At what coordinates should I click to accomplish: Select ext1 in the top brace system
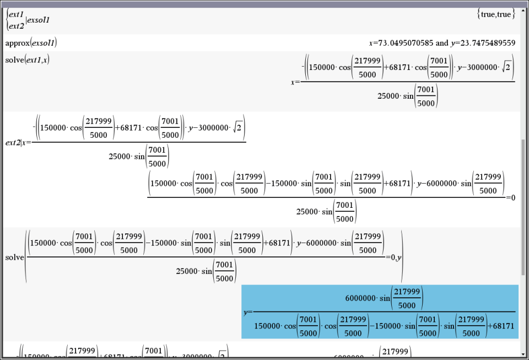(x=16, y=15)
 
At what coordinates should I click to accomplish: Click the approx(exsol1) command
(x=31, y=43)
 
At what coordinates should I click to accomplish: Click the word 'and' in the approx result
(x=442, y=43)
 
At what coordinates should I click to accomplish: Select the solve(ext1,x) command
(x=28, y=60)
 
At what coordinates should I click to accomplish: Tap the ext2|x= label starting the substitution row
(x=18, y=142)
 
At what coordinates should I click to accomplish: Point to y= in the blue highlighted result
(x=247, y=312)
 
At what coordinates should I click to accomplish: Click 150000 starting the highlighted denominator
(x=268, y=326)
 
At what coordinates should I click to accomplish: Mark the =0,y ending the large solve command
(x=392, y=257)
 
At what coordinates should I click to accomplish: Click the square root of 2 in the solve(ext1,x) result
(x=508, y=68)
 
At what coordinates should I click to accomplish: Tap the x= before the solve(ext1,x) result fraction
(x=295, y=82)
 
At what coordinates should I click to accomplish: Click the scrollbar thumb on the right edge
(x=523, y=207)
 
